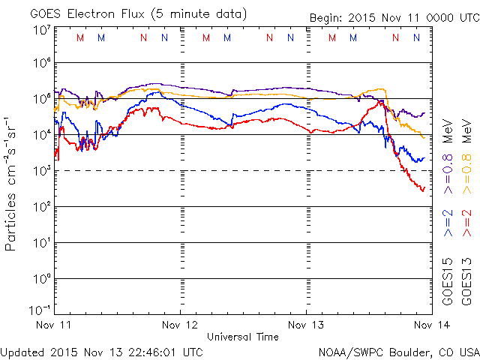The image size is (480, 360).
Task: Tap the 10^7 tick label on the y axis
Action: click(x=40, y=31)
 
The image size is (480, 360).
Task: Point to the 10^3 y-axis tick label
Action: click(x=40, y=170)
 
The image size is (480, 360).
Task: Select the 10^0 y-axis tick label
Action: click(x=40, y=278)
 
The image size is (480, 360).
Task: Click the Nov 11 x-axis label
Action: click(x=54, y=325)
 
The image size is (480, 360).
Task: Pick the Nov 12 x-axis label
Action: click(x=180, y=325)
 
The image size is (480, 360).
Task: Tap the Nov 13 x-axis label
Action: click(x=306, y=325)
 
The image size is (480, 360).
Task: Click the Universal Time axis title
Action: click(x=243, y=337)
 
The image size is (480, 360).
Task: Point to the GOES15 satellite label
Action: click(x=448, y=280)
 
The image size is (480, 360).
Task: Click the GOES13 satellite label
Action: click(x=466, y=280)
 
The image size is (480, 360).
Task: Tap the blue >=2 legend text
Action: click(x=448, y=223)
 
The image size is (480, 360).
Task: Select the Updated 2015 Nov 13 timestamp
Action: click(x=102, y=351)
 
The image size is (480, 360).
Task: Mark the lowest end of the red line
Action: click(x=422, y=190)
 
